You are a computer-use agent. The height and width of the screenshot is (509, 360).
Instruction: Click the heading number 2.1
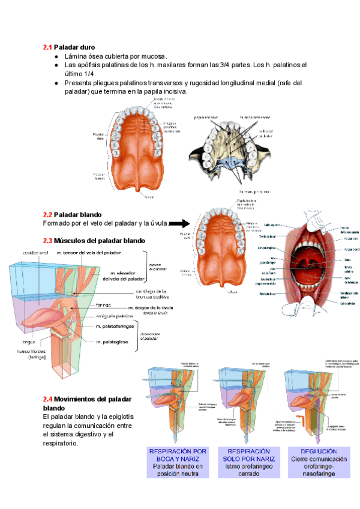click(x=47, y=47)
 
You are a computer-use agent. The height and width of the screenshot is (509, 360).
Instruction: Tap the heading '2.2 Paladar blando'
click(x=73, y=214)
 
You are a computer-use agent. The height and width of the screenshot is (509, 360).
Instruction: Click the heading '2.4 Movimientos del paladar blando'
click(x=89, y=403)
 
